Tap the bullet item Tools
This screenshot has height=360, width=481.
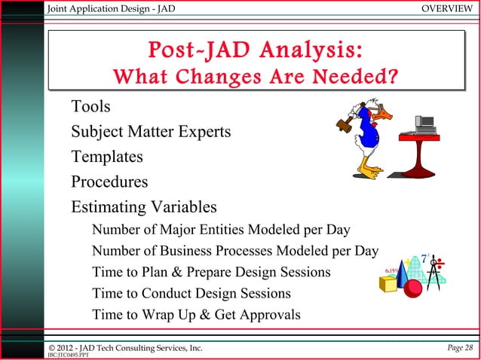90,107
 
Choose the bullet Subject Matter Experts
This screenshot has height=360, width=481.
151,133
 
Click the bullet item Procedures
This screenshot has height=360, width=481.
109,182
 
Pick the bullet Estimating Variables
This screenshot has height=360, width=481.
144,206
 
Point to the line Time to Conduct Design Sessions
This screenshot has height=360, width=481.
191,293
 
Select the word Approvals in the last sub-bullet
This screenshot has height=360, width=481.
269,315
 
